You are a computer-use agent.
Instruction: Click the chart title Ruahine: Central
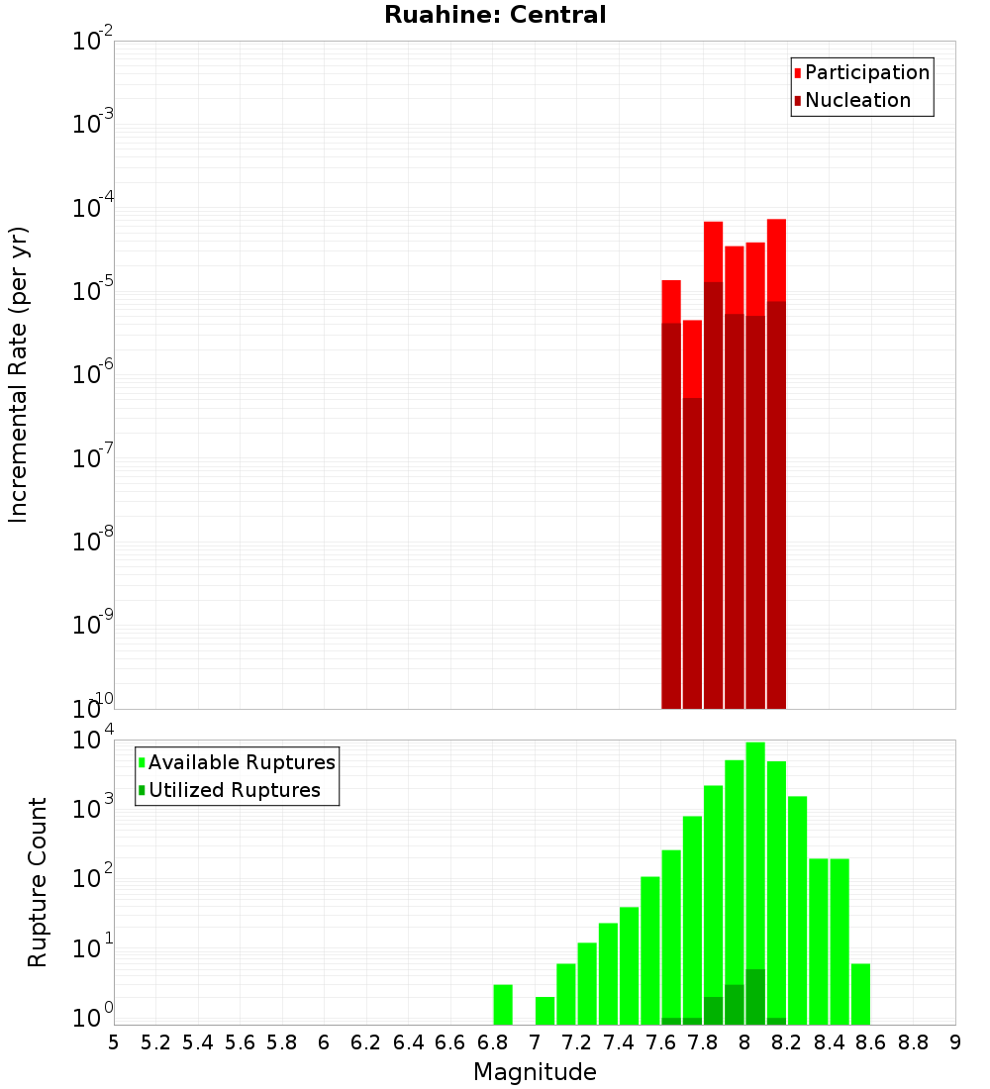click(x=495, y=15)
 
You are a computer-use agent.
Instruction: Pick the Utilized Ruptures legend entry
click(x=234, y=790)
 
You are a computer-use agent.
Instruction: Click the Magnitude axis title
click(x=535, y=1072)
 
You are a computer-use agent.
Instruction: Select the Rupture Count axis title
click(x=38, y=882)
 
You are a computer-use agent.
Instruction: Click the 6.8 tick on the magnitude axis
click(x=492, y=1042)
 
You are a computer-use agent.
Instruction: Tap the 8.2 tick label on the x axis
click(x=786, y=1042)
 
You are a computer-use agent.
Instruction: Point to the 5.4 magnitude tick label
click(x=198, y=1042)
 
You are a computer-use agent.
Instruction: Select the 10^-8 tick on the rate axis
click(x=93, y=543)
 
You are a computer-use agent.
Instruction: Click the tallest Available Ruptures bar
click(x=755, y=881)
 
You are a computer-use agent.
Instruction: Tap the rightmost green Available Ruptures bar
click(x=860, y=994)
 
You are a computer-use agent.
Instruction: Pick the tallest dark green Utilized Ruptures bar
click(x=755, y=997)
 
